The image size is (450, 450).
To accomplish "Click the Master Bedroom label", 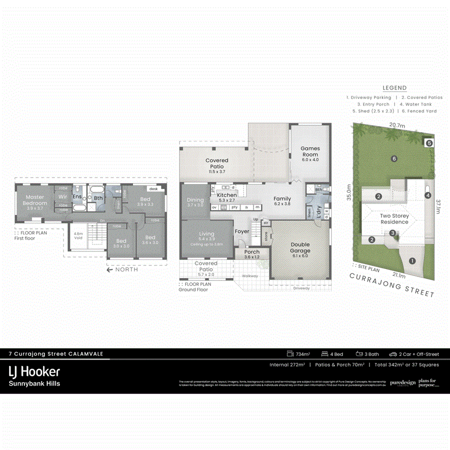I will click(35, 200).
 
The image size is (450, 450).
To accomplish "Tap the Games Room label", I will click(309, 151).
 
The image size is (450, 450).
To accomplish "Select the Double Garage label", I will click(300, 248).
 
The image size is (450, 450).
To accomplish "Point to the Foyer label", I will click(242, 231).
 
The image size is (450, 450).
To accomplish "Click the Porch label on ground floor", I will click(252, 254).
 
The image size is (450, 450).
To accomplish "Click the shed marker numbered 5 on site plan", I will click(428, 143).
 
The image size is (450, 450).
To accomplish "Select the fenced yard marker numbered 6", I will click(394, 158).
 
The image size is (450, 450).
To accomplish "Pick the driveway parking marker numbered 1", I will click(412, 260).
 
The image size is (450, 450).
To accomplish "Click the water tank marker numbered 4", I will click(427, 195).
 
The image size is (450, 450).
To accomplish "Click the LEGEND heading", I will click(394, 88).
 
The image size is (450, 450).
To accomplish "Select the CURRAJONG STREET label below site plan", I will click(391, 285).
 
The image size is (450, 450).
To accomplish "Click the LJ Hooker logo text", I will click(34, 371).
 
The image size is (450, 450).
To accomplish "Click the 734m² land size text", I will click(299, 354).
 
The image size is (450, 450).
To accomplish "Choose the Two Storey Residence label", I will click(394, 219).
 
